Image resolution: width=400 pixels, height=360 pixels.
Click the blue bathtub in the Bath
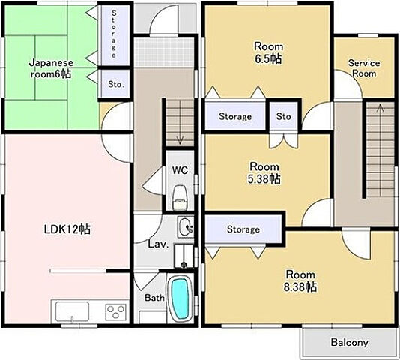tap(181, 298)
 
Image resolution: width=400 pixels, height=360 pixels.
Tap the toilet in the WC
tap(180, 198)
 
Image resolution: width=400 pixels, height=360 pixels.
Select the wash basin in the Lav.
tap(185, 227)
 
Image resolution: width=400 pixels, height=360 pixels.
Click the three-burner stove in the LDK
tap(115, 312)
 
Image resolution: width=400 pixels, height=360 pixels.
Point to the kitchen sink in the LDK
tap(72, 312)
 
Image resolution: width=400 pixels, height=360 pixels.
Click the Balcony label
tap(350, 342)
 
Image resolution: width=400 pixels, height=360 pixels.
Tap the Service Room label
tap(364, 68)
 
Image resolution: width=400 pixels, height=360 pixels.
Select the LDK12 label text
tap(67, 229)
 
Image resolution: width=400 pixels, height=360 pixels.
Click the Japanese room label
tap(51, 68)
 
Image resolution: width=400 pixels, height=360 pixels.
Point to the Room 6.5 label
tap(269, 53)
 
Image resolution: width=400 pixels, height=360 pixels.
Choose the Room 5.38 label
tap(264, 173)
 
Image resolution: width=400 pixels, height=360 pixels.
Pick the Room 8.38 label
tap(300, 280)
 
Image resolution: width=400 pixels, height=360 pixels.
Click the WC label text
tap(180, 170)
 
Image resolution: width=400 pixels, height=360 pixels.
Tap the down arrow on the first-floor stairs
tap(181, 123)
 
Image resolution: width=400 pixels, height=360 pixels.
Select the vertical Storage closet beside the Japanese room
tap(114, 34)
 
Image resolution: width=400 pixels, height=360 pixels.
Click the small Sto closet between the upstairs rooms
tap(284, 116)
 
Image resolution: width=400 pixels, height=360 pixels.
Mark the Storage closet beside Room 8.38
tap(243, 229)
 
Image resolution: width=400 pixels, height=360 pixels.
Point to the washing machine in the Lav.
tap(184, 256)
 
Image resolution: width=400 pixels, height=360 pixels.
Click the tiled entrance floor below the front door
tap(164, 52)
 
